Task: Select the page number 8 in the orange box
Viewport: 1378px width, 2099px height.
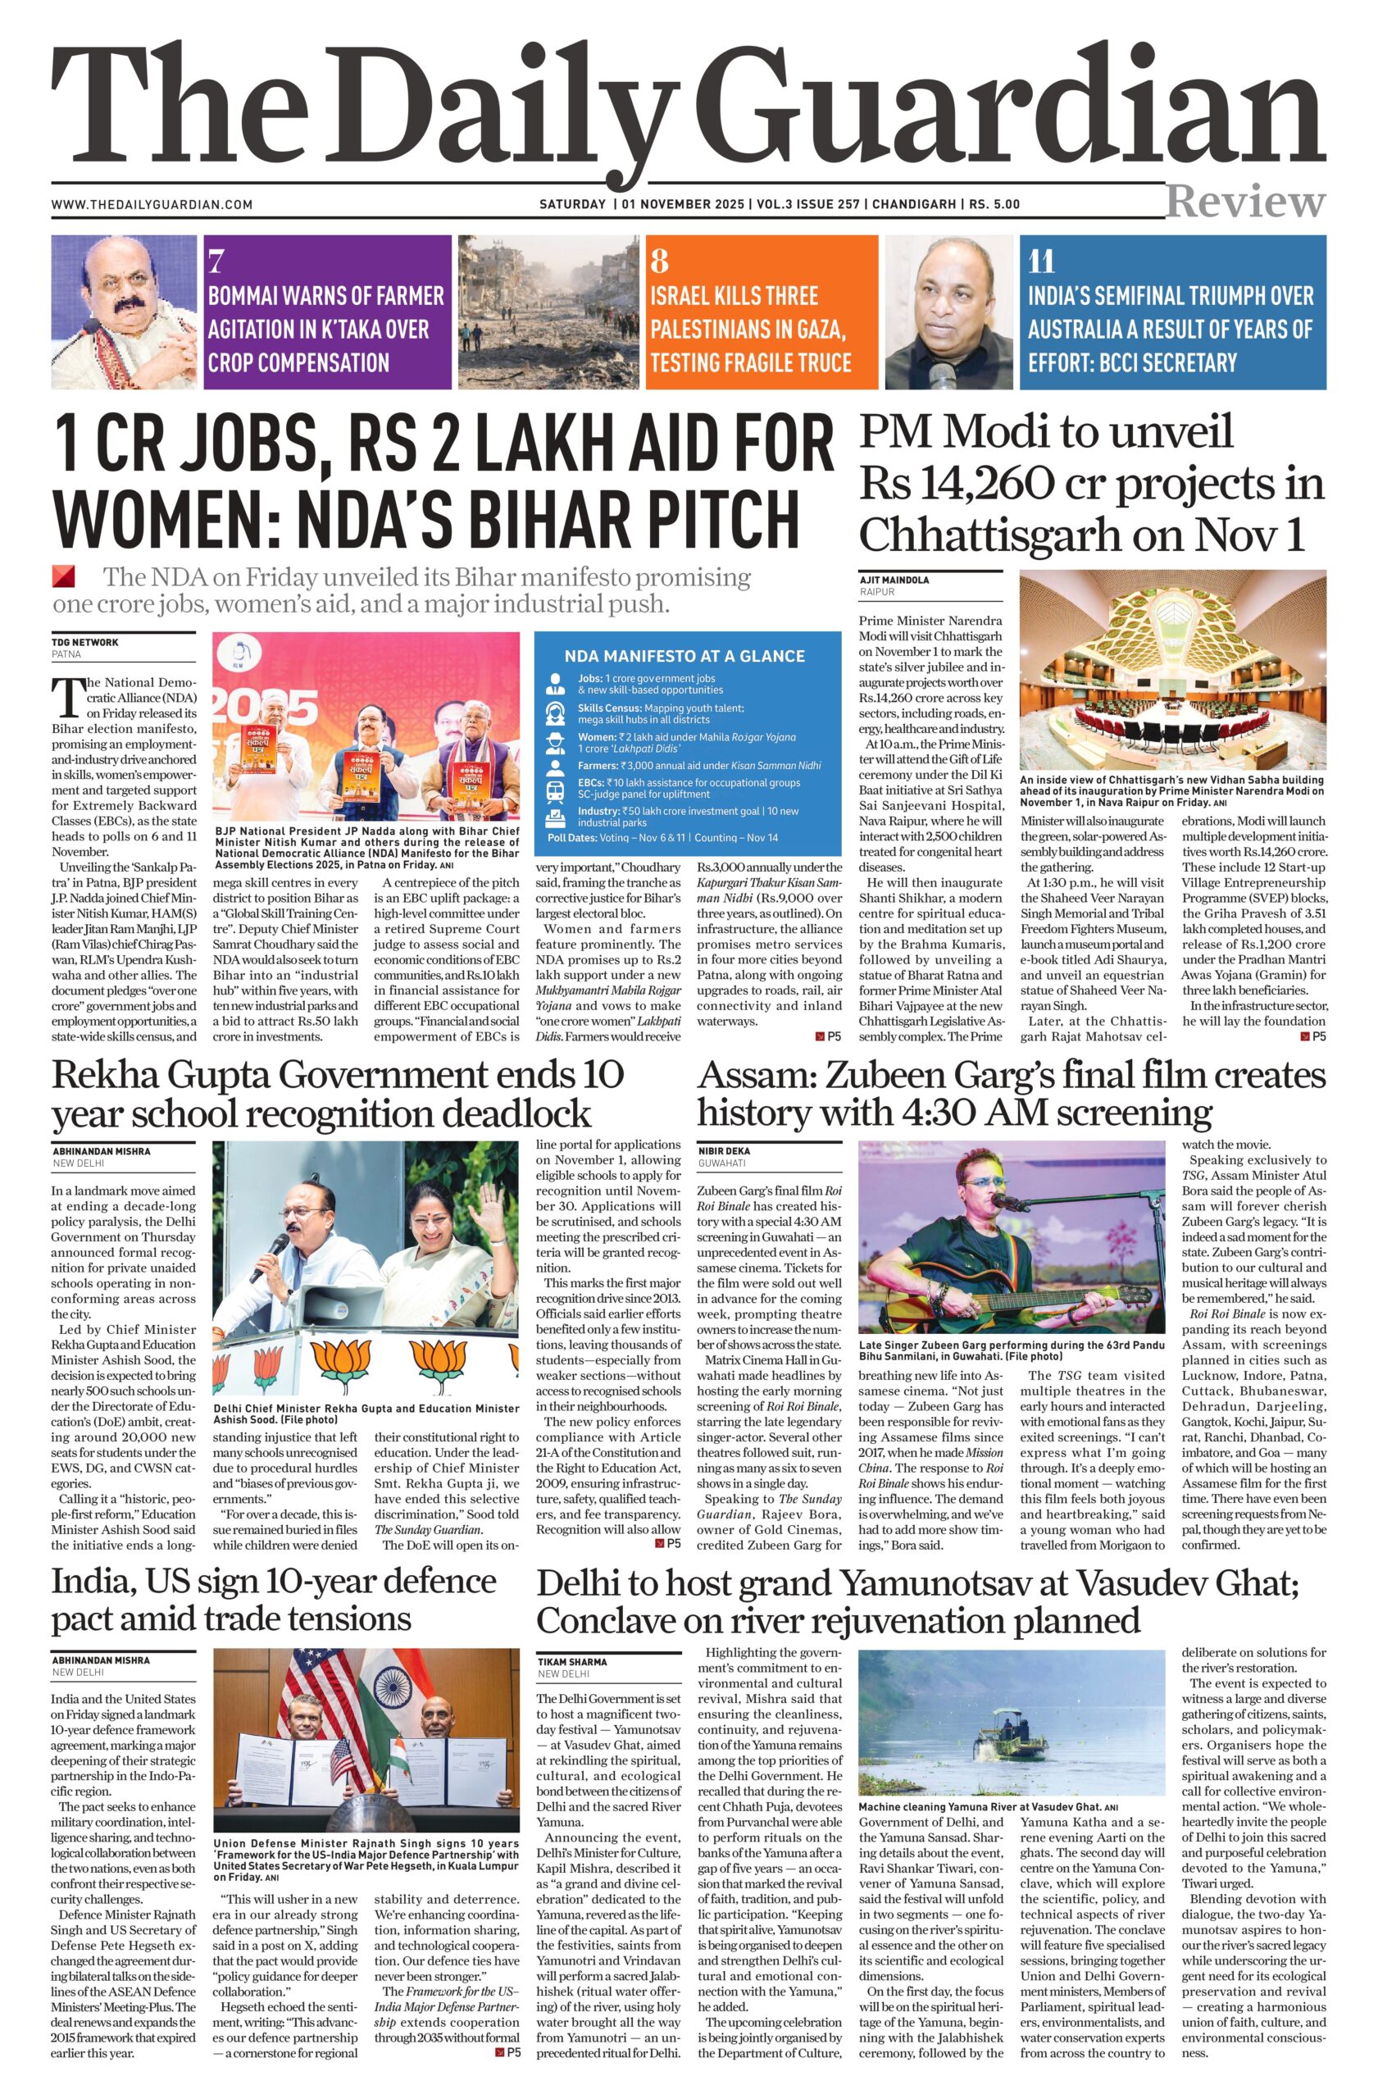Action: point(659,261)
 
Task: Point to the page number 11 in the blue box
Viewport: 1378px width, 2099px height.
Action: point(1041,261)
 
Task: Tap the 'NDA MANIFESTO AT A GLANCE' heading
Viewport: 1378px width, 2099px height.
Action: point(684,656)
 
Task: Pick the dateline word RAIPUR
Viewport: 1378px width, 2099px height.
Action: point(876,593)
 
